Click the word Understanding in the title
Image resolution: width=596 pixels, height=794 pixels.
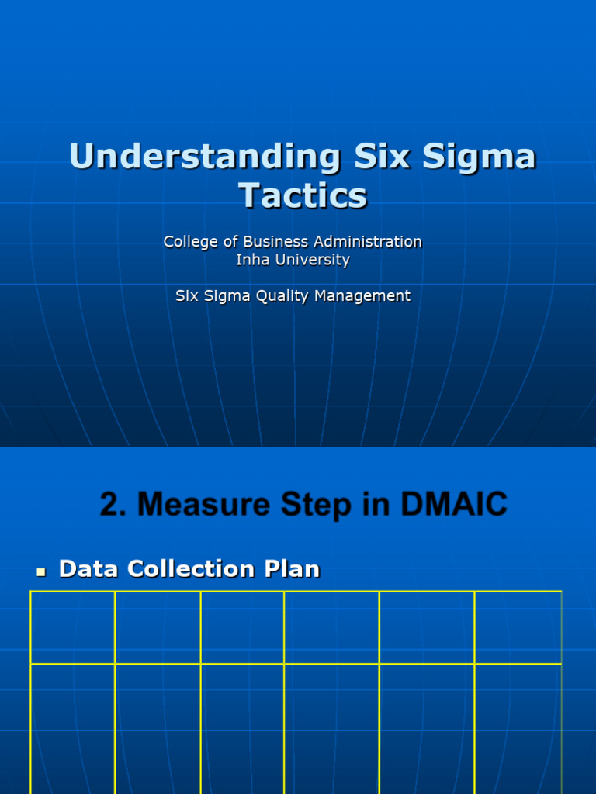click(204, 157)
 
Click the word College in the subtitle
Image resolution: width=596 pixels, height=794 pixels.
click(190, 242)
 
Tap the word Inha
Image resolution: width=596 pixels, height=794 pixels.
click(251, 260)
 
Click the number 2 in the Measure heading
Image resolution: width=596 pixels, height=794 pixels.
click(110, 505)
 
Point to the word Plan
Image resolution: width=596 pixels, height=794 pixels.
click(292, 569)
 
